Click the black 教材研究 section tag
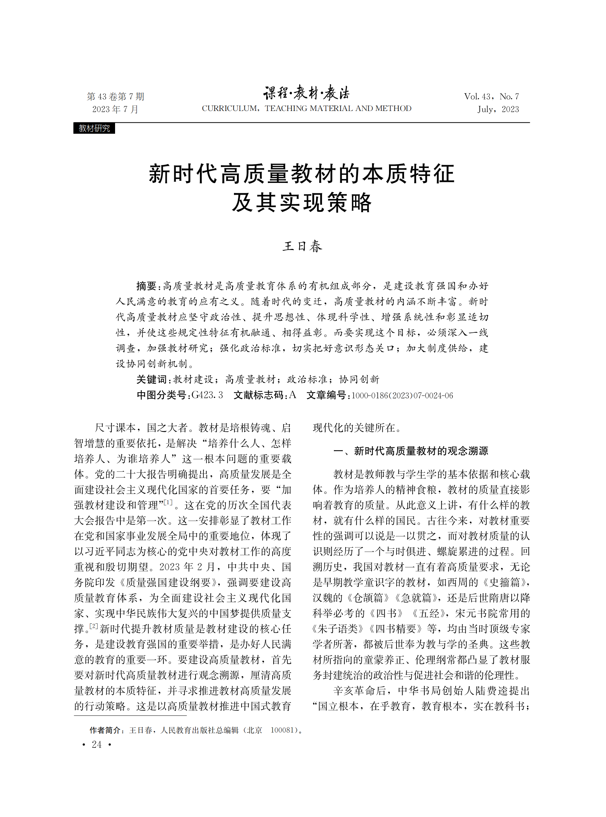point(94,128)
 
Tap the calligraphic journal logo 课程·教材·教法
point(306,93)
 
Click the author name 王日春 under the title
point(302,246)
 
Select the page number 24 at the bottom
point(97,745)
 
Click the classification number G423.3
point(207,395)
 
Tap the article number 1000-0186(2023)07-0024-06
point(402,395)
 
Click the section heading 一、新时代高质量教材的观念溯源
point(410,451)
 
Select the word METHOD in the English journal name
point(393,108)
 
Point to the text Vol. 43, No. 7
point(491,97)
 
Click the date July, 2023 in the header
point(498,109)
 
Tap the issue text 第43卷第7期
point(115,97)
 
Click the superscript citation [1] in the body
point(168,502)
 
